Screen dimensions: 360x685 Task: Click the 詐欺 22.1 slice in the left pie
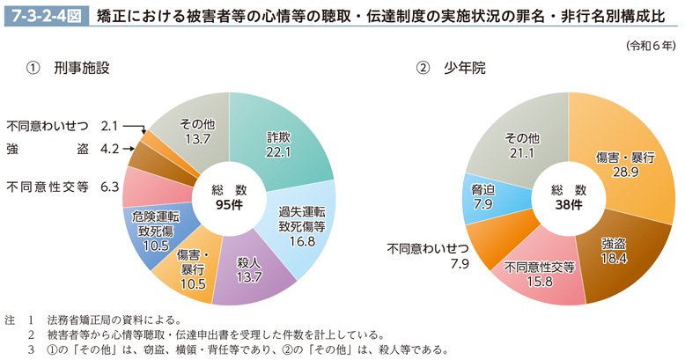click(x=280, y=144)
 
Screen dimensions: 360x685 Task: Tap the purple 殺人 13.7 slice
click(x=249, y=272)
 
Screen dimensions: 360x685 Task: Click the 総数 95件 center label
click(x=229, y=198)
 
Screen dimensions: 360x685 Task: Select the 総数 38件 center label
click(x=568, y=198)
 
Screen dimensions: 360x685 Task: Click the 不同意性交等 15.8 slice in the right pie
click(x=540, y=275)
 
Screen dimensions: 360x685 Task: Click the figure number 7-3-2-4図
click(x=44, y=15)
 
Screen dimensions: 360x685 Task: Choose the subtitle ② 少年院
click(x=448, y=67)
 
